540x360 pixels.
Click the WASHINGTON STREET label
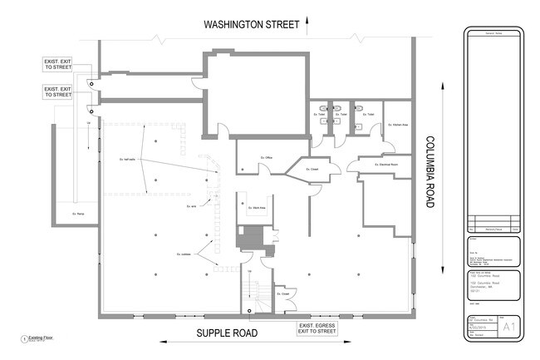(251, 24)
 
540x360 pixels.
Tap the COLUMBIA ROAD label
(430, 180)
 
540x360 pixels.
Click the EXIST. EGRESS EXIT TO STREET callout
(317, 326)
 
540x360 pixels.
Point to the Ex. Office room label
(267, 157)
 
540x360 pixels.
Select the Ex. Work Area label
(258, 208)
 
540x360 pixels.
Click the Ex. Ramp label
(80, 213)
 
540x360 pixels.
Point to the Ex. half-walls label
(126, 158)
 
